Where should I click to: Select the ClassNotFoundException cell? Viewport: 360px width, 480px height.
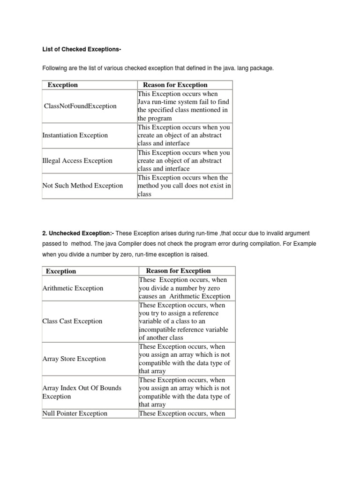pyautogui.click(x=80, y=106)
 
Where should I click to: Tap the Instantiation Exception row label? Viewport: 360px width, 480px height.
pyautogui.click(x=75, y=135)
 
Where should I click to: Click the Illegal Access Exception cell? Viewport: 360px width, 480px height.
pyautogui.click(x=77, y=161)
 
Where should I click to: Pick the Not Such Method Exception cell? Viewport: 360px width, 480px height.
pyautogui.click(x=82, y=186)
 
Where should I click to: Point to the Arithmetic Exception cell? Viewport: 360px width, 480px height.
pyautogui.click(x=73, y=288)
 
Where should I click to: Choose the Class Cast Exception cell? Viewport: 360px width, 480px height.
pyautogui.click(x=72, y=321)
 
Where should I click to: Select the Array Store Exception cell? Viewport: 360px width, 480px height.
pyautogui.click(x=74, y=359)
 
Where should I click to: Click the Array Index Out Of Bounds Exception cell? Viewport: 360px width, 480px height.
pyautogui.click(x=82, y=392)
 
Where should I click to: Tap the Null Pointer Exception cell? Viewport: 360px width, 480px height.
pyautogui.click(x=75, y=413)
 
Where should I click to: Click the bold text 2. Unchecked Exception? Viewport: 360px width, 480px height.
pyautogui.click(x=78, y=233)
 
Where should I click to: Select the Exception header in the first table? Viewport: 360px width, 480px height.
pyautogui.click(x=63, y=85)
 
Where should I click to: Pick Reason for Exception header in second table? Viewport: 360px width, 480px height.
pyautogui.click(x=179, y=271)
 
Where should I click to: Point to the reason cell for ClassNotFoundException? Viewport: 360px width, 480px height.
pyautogui.click(x=183, y=106)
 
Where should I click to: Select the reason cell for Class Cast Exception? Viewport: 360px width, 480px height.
pyautogui.click(x=185, y=321)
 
